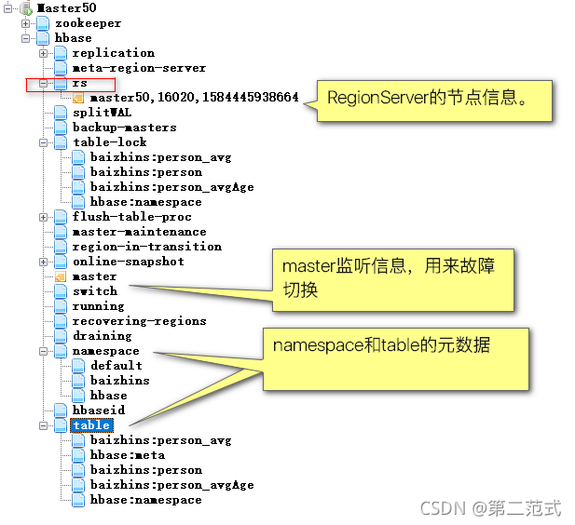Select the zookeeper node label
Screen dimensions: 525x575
point(88,23)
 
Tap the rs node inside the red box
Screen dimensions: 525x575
point(80,83)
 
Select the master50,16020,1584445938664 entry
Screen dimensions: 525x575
point(194,98)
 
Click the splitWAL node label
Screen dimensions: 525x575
point(103,113)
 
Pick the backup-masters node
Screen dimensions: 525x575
point(124,128)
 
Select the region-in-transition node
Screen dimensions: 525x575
point(146,247)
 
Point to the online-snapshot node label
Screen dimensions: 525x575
point(128,262)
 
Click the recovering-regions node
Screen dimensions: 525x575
point(139,321)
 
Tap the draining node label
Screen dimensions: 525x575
point(103,336)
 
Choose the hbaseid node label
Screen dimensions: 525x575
point(99,411)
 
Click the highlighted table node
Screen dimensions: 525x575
point(91,425)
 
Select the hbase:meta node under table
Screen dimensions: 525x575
point(128,455)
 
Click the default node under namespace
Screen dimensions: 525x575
point(116,366)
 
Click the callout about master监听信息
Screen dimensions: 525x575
point(392,277)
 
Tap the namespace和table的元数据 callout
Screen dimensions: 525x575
point(382,345)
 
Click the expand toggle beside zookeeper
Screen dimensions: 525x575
point(25,23)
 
